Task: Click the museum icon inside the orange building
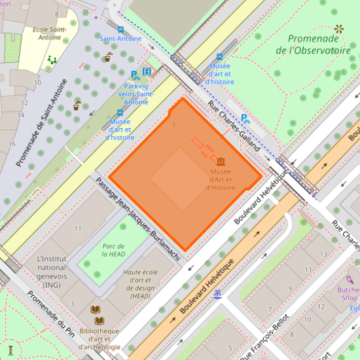click(221, 161)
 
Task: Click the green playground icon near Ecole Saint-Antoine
click(52, 60)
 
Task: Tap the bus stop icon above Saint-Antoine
click(120, 29)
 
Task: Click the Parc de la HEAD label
click(113, 250)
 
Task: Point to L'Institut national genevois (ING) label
click(52, 272)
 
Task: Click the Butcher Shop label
click(348, 293)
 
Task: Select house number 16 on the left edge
click(11, 143)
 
